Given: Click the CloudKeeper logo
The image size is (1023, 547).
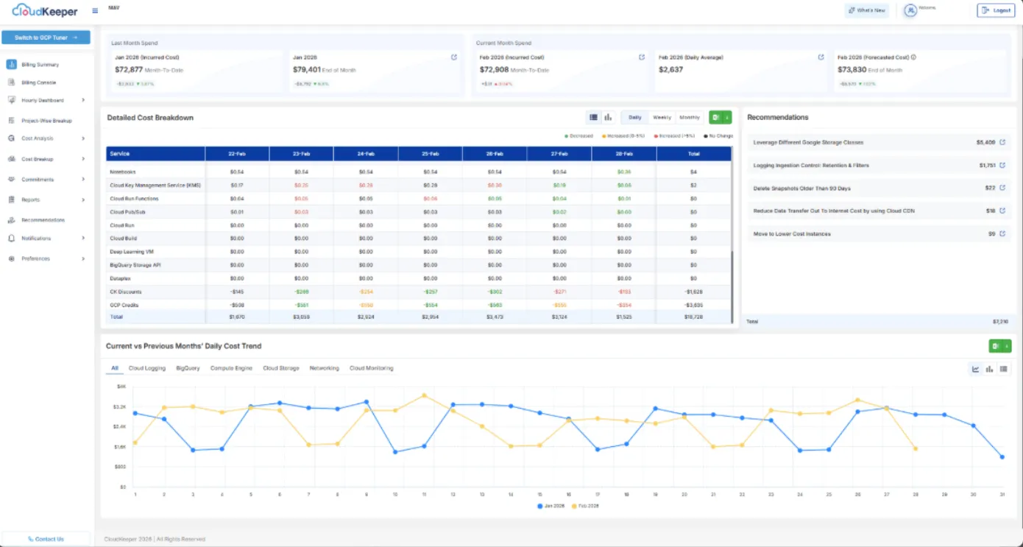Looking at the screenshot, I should click(45, 11).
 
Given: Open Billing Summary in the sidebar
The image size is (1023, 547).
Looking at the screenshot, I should click(40, 65).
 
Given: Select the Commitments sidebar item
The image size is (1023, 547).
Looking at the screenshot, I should click(38, 180).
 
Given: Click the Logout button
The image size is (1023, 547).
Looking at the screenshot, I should click(995, 10).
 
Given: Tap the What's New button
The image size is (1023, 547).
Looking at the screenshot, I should click(867, 10).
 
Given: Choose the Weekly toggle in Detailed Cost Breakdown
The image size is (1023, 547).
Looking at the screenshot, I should click(662, 118).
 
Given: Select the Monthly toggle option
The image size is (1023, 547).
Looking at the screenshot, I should click(690, 118).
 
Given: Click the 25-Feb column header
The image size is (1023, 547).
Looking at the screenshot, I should click(430, 154).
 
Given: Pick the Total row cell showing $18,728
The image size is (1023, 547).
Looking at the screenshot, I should click(693, 317).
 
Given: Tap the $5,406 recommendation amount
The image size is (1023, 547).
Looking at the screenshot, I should click(985, 142).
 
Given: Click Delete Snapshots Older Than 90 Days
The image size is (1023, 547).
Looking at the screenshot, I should click(801, 188).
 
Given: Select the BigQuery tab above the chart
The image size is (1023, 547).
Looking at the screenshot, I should click(188, 368).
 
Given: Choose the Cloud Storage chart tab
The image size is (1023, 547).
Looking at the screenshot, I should click(281, 368).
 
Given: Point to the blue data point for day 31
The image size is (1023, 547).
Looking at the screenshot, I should click(1002, 457).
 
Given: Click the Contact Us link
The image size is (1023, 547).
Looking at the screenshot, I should click(46, 539).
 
